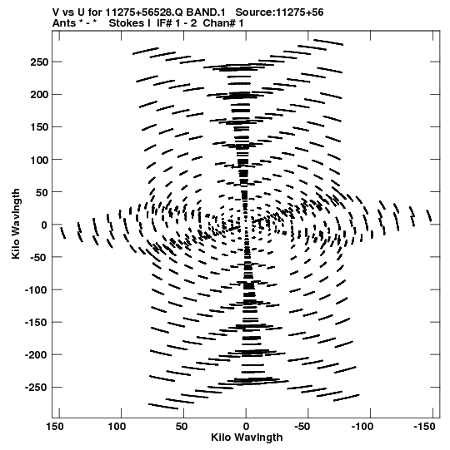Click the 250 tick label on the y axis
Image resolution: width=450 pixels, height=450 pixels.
point(39,62)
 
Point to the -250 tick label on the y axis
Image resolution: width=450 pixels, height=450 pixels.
point(36,388)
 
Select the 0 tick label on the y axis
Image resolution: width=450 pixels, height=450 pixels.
point(44,225)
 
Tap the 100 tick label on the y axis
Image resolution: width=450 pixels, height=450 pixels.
point(39,160)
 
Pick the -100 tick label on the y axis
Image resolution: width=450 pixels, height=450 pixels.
point(36,289)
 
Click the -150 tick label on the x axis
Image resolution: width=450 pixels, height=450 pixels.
point(424,427)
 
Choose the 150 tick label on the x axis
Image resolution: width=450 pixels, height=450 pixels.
point(55,427)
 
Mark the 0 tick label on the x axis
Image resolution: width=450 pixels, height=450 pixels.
point(246,427)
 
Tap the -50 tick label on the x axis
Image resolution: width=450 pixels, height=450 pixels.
point(302,427)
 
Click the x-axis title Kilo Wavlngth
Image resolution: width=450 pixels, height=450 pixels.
point(247,438)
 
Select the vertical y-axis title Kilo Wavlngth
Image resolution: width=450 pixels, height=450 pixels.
point(16,224)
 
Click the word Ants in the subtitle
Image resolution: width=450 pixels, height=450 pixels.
point(63,23)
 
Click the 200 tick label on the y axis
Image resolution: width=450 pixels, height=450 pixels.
point(39,95)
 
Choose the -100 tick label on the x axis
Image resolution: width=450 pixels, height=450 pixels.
point(362,427)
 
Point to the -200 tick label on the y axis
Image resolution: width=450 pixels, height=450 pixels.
point(36,355)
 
